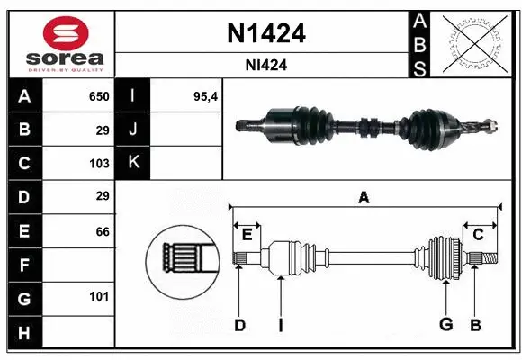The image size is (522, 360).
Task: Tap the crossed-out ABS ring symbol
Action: pyautogui.click(x=471, y=42)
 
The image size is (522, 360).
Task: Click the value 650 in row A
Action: pyautogui.click(x=98, y=96)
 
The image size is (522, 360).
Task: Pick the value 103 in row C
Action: pyautogui.click(x=98, y=164)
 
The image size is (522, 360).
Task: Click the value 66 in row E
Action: pyautogui.click(x=102, y=231)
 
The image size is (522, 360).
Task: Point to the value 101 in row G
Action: pyautogui.click(x=98, y=295)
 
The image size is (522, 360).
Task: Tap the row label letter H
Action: pyautogui.click(x=23, y=333)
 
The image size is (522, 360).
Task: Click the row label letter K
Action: pyautogui.click(x=133, y=164)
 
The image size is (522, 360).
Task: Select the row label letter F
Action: pyautogui.click(x=23, y=265)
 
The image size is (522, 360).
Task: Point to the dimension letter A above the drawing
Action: pyautogui.click(x=364, y=198)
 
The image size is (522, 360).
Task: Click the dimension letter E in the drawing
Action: pyautogui.click(x=247, y=236)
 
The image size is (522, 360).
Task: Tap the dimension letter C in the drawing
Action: pyautogui.click(x=478, y=235)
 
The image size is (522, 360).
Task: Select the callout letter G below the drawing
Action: pyautogui.click(x=445, y=325)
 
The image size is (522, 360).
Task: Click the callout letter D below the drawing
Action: pyautogui.click(x=239, y=325)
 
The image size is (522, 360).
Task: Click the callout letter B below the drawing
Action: pyautogui.click(x=476, y=325)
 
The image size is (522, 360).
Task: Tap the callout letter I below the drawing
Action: pyautogui.click(x=281, y=325)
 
